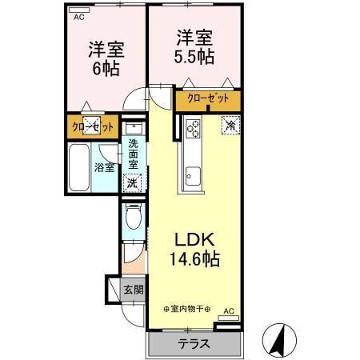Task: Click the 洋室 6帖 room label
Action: [x=106, y=58]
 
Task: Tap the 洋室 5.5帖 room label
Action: [x=194, y=47]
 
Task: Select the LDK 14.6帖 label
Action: [x=194, y=250]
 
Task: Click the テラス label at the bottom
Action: [x=194, y=344]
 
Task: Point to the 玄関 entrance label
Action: [x=134, y=290]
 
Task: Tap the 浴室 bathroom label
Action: [x=105, y=167]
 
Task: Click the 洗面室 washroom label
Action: [x=133, y=154]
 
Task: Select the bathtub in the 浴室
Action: [x=78, y=167]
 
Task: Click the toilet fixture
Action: [x=134, y=216]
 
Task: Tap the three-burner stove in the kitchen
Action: [x=193, y=129]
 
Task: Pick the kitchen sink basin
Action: [x=193, y=176]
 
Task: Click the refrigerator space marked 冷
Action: [x=231, y=126]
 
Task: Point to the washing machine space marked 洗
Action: [x=132, y=183]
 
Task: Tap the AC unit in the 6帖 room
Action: [x=79, y=10]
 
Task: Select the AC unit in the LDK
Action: [x=229, y=318]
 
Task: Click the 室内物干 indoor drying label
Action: [x=186, y=309]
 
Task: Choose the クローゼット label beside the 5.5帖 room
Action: [x=208, y=98]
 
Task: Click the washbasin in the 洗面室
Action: [x=134, y=128]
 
